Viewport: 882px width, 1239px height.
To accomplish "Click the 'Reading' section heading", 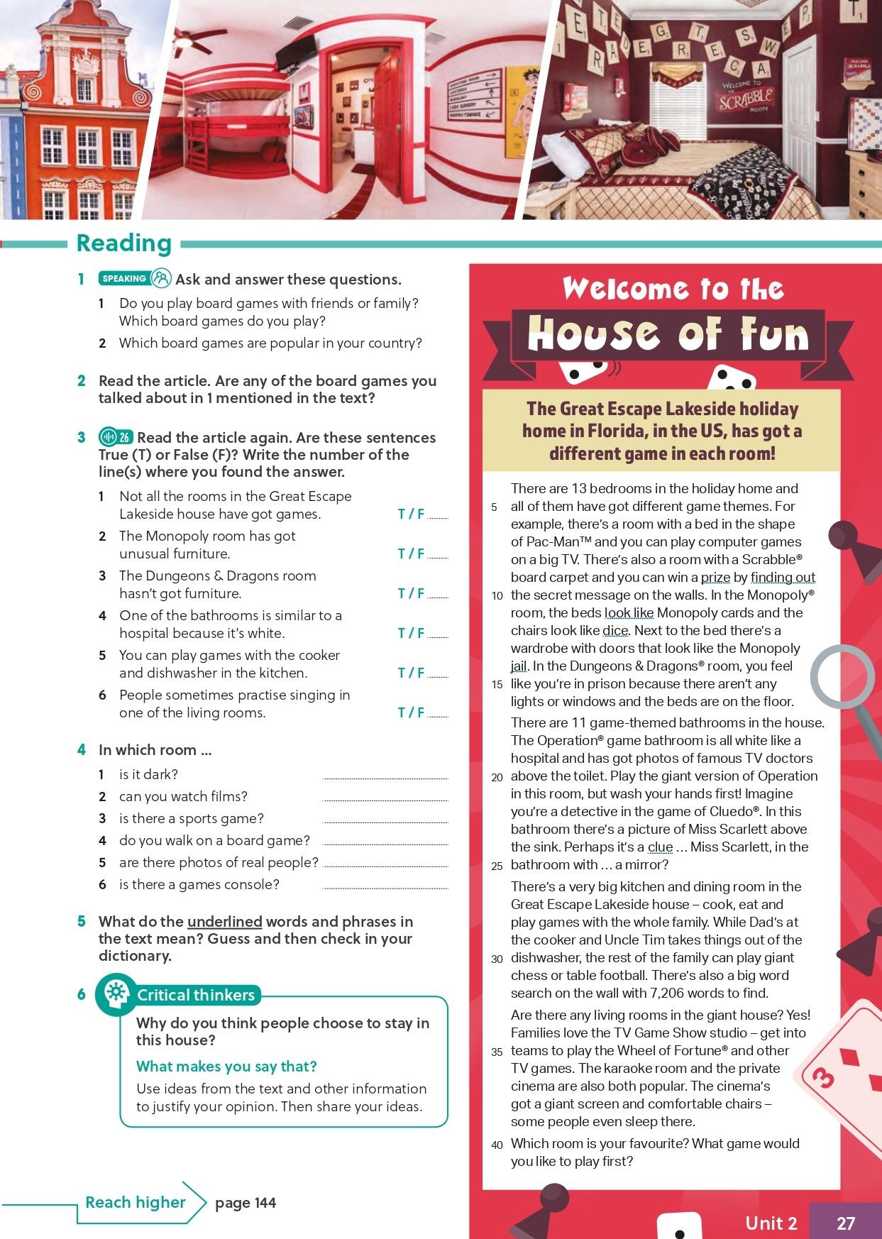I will [124, 243].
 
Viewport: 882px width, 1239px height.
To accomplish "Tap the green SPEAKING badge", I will [124, 279].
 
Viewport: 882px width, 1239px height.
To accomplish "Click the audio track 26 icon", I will [116, 437].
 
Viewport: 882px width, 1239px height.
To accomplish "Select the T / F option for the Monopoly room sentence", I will [411, 554].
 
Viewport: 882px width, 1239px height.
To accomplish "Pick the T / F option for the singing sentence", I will [411, 712].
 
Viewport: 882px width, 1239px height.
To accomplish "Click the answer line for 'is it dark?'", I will [385, 777].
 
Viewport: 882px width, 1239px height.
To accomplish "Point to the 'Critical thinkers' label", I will [196, 995].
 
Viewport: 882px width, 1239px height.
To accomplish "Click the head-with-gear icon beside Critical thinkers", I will [115, 993].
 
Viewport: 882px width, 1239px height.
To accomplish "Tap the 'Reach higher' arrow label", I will [135, 1202].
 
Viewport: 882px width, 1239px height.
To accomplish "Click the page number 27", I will [846, 1223].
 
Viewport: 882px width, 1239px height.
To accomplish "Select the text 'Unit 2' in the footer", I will [771, 1223].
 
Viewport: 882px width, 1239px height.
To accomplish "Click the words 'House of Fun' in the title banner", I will [668, 334].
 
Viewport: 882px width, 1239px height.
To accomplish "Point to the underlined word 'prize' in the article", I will [715, 577].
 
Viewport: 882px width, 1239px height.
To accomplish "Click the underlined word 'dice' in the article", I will [615, 630].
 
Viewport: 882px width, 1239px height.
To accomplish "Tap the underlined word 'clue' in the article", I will [660, 847].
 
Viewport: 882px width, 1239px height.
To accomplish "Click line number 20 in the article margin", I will [497, 777].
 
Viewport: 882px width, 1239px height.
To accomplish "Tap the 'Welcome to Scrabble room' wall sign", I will [746, 96].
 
